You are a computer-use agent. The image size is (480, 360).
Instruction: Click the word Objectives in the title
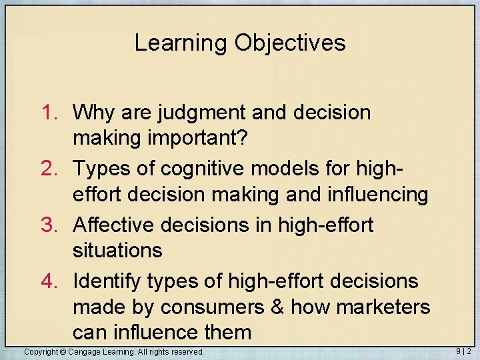pyautogui.click(x=290, y=43)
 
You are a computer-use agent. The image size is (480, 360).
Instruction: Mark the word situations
pyautogui.click(x=117, y=250)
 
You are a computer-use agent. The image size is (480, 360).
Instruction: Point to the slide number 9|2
pyautogui.click(x=464, y=351)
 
